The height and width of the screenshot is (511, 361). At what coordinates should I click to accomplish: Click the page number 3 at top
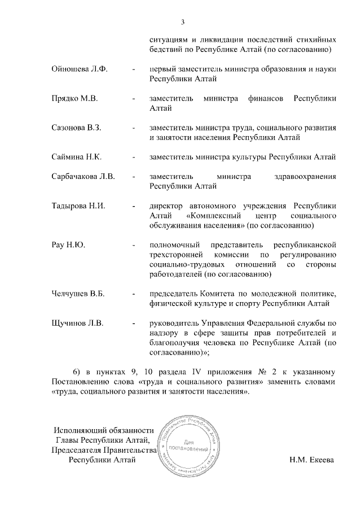click(x=183, y=22)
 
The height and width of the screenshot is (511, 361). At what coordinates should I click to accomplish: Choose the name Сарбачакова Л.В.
click(x=83, y=177)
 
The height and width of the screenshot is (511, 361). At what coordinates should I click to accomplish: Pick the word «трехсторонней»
click(x=175, y=255)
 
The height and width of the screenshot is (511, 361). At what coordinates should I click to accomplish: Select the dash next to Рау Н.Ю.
click(x=133, y=245)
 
